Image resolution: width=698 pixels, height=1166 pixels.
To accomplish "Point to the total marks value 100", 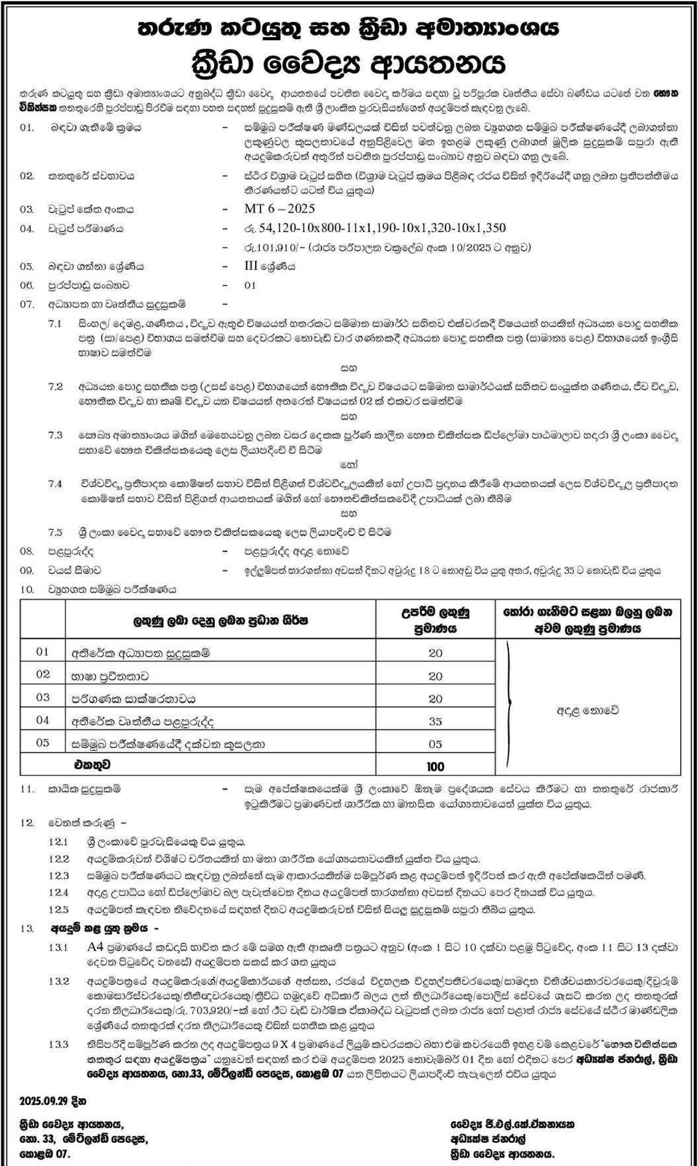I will click(x=435, y=767).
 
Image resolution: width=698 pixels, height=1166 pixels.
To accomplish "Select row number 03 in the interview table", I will click(x=42, y=697).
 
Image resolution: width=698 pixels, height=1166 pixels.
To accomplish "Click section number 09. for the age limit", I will click(x=27, y=570).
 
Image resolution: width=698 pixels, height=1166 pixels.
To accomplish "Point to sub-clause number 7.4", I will click(x=55, y=484).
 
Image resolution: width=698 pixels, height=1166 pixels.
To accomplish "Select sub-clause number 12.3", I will click(x=58, y=876).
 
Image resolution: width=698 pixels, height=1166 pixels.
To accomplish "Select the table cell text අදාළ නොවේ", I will click(x=587, y=711).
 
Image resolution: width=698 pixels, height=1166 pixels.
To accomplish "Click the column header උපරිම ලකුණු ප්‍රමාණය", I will click(x=435, y=620).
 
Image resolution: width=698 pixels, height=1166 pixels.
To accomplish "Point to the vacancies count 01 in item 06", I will click(x=250, y=285).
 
